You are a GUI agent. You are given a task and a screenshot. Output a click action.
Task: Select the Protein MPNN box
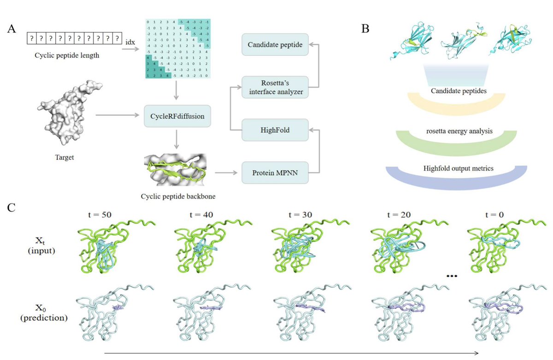click(x=275, y=173)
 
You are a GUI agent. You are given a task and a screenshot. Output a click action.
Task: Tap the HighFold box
click(x=275, y=130)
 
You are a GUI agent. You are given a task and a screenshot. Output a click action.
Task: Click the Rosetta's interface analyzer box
click(x=275, y=87)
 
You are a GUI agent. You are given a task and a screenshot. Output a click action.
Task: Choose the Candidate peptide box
click(x=275, y=45)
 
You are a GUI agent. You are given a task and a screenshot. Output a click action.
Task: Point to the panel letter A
click(x=12, y=29)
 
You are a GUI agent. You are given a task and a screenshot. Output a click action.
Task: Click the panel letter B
click(x=365, y=29)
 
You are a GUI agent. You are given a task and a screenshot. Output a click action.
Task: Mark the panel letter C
click(x=12, y=207)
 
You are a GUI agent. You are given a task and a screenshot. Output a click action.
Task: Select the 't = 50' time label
click(x=99, y=214)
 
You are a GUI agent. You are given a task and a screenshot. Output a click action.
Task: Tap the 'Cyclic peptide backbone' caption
click(x=178, y=196)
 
